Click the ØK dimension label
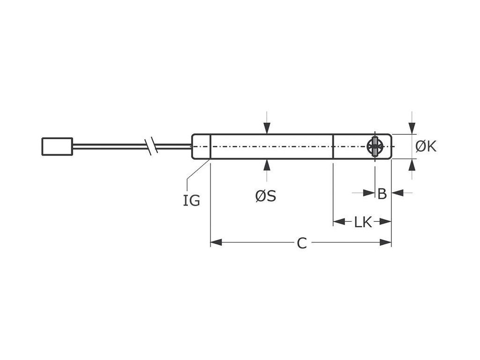tap(426, 147)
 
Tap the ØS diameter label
tap(266, 196)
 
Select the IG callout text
tap(191, 200)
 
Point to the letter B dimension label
tap(382, 193)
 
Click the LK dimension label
tap(362, 222)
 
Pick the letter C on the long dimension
tap(302, 243)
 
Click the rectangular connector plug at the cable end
tap(57, 146)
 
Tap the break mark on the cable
tap(151, 146)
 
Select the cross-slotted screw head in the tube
tap(375, 146)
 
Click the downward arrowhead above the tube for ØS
tap(267, 128)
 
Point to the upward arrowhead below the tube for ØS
tap(267, 165)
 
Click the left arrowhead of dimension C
tap(216, 243)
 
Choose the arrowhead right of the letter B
tap(397, 193)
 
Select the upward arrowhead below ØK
tap(412, 165)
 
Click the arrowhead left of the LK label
tap(339, 221)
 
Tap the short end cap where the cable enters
tap(201, 147)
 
